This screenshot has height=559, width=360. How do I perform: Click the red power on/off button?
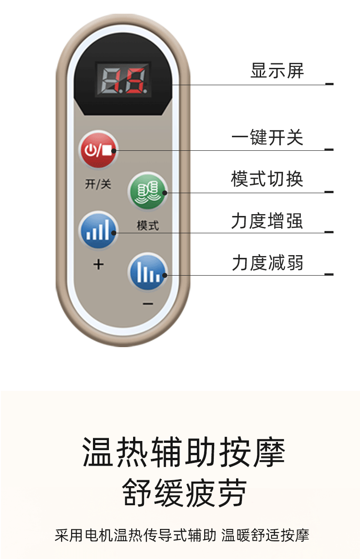pyautogui.click(x=98, y=150)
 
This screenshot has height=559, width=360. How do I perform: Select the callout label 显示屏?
pyautogui.click(x=277, y=71)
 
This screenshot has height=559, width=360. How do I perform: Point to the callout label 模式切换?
pyautogui.click(x=267, y=179)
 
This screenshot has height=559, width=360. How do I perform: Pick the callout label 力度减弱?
pyautogui.click(x=267, y=263)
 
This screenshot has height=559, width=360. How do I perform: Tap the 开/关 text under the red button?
pyautogui.click(x=98, y=184)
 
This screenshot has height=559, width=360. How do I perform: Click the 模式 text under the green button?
pyautogui.click(x=148, y=226)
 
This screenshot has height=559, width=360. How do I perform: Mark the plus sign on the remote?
pyautogui.click(x=98, y=264)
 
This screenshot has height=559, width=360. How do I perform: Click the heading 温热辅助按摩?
pyautogui.click(x=184, y=452)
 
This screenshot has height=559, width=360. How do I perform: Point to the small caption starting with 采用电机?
pyautogui.click(x=182, y=535)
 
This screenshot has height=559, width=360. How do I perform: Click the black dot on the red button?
pyautogui.click(x=115, y=151)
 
